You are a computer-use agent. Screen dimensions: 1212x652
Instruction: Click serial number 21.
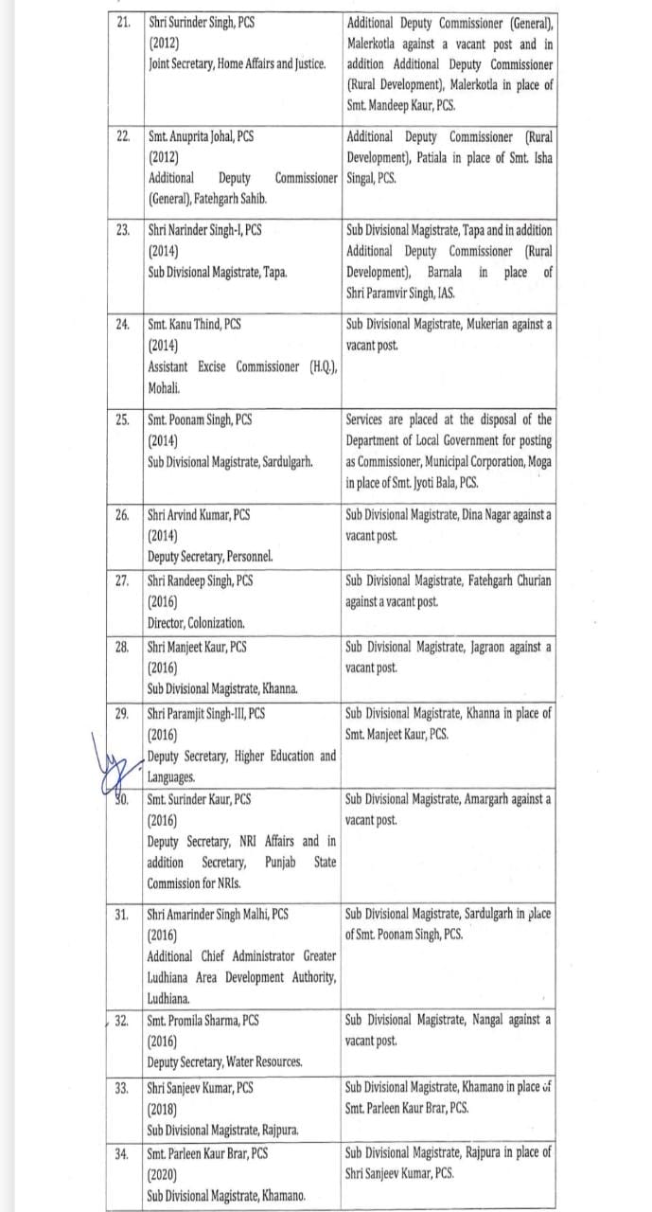click(123, 21)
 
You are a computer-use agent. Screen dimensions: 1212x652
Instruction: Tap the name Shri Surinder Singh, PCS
click(206, 21)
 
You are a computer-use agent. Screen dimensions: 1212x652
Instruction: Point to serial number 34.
click(121, 1153)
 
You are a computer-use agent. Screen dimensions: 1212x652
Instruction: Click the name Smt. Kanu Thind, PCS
click(194, 324)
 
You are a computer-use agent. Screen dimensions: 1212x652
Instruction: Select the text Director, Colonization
click(196, 623)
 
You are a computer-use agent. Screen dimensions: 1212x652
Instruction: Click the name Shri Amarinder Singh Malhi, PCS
click(217, 914)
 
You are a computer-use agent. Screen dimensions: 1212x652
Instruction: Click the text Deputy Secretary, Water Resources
click(224, 1061)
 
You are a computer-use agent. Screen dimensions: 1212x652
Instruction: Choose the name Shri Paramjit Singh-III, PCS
click(205, 713)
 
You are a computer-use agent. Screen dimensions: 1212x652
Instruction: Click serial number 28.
click(121, 647)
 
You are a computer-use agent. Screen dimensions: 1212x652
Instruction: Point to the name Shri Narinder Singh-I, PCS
click(204, 230)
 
